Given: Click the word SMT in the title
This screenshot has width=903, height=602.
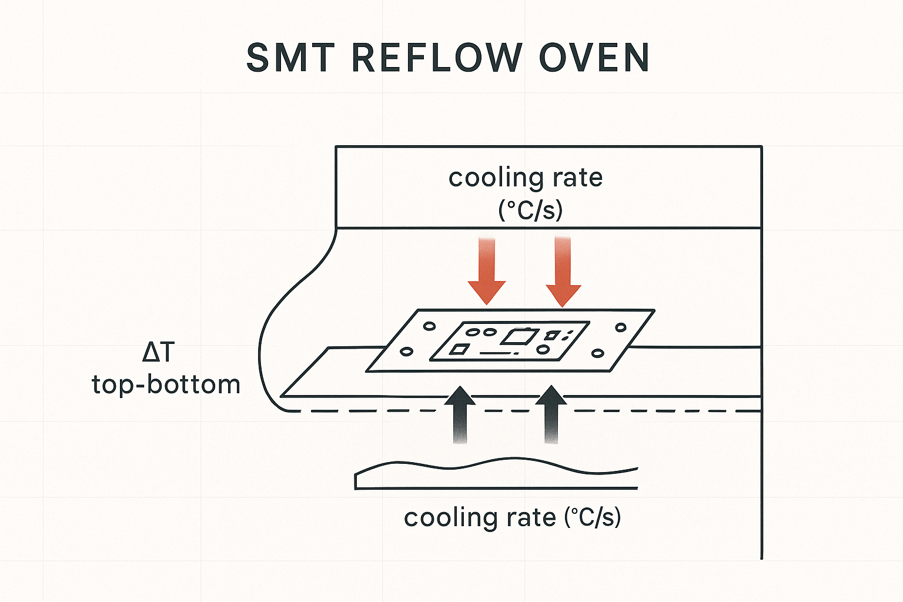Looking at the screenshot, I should click(290, 58).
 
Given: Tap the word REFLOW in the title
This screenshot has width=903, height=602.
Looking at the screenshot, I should click(437, 58).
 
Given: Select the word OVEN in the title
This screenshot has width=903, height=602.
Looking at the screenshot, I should click(594, 58).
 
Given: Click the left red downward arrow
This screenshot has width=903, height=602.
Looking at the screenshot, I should click(487, 271).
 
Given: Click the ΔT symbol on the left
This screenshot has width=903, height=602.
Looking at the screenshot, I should click(159, 352).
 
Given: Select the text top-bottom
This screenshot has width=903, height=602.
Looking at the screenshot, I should click(166, 385).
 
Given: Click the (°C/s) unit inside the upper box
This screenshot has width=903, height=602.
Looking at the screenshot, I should click(530, 210).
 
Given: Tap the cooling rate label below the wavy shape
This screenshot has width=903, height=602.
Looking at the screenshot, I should click(512, 517).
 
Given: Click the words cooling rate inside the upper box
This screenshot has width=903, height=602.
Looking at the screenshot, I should click(526, 178).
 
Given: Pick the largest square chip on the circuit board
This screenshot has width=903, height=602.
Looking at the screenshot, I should click(518, 336).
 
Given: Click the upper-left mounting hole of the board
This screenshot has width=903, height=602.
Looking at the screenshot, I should click(429, 326).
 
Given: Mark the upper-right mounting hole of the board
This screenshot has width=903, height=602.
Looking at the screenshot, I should click(621, 327).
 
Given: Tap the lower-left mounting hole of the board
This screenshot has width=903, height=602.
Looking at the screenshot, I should click(406, 352).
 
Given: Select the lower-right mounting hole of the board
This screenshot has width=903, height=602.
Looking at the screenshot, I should click(598, 353).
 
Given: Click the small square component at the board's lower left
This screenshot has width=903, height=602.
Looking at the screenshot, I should click(459, 350).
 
